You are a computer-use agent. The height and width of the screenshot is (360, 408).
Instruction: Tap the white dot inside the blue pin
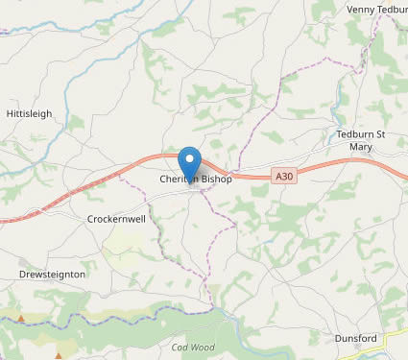(190, 158)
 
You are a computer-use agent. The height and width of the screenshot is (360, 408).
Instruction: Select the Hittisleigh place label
(30, 113)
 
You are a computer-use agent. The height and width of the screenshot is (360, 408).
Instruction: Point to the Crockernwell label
(116, 219)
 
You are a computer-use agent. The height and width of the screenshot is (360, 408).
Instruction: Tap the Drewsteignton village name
(52, 275)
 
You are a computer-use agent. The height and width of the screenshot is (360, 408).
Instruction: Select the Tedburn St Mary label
(361, 140)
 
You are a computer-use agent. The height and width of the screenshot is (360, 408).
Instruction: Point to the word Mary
(361, 147)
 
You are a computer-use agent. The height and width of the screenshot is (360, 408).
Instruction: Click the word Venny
(361, 10)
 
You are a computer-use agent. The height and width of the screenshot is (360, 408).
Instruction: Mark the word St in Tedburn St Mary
(379, 134)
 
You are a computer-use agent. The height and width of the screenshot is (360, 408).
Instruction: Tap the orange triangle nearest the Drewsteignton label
(21, 318)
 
